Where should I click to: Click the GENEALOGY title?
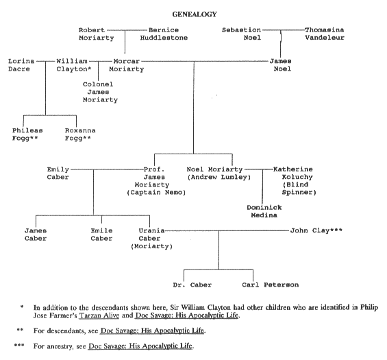click(x=195, y=14)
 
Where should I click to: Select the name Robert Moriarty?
click(x=96, y=34)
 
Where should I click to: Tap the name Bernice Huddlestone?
click(x=164, y=34)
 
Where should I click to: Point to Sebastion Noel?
click(x=241, y=34)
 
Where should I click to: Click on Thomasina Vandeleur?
click(x=324, y=34)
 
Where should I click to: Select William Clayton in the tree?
click(x=73, y=65)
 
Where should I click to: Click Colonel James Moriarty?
click(x=100, y=92)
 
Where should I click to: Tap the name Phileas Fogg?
click(x=27, y=134)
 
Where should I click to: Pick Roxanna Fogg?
click(x=80, y=134)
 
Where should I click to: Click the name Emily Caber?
click(x=58, y=173)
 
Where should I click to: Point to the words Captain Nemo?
click(x=156, y=193)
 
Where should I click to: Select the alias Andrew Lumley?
click(x=219, y=177)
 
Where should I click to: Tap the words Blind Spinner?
click(x=299, y=189)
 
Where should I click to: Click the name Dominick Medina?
click(x=264, y=211)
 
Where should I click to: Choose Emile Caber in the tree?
click(x=101, y=235)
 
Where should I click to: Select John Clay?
click(x=316, y=230)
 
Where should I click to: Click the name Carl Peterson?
click(x=271, y=285)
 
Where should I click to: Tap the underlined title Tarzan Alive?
click(x=99, y=315)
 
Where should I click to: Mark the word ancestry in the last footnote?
click(x=60, y=346)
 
